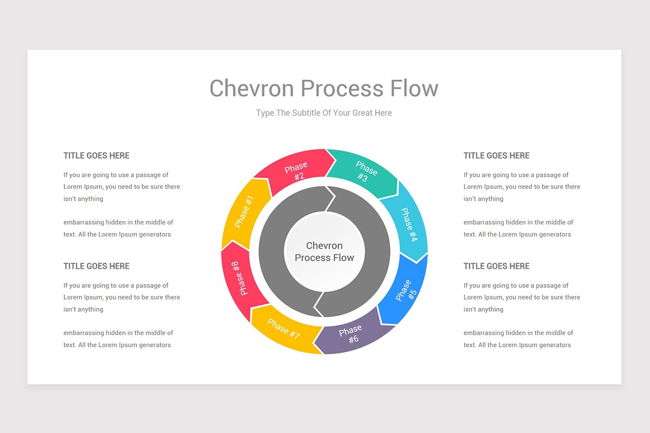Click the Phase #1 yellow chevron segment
point(244,213)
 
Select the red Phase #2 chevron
point(296,170)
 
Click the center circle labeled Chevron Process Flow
point(324,252)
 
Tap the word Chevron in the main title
point(251,88)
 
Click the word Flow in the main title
point(414,88)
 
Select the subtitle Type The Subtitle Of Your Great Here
point(324,113)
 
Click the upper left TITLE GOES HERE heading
point(96,155)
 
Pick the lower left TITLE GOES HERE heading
point(96,266)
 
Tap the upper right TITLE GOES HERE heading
point(496,155)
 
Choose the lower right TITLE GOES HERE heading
point(496,266)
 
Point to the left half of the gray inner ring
point(271,252)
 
